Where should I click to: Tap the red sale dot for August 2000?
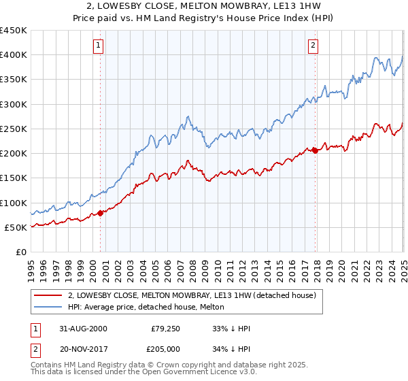pos(101,213)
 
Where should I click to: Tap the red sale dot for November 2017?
pos(315,151)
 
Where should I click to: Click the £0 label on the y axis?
pos(20,252)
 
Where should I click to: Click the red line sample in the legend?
pos(48,296)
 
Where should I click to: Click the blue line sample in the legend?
pos(48,307)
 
